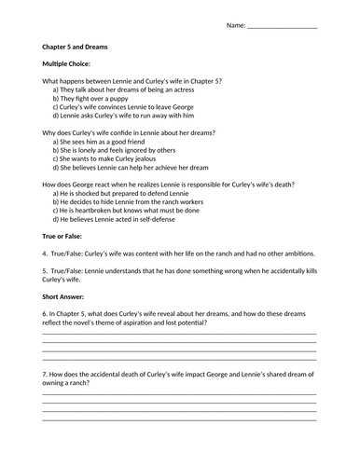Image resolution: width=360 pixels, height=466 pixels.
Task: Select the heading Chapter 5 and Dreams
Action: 82,46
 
